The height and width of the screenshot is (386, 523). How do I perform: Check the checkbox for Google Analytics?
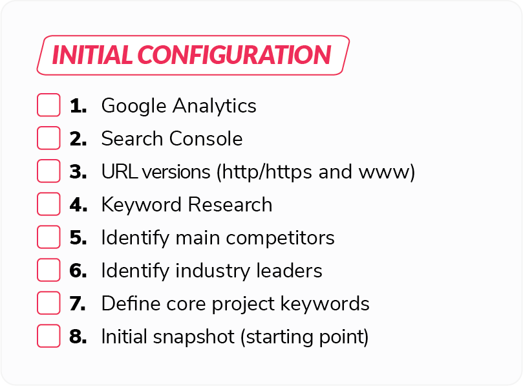coord(48,105)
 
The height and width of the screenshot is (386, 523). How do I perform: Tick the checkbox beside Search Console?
coord(48,138)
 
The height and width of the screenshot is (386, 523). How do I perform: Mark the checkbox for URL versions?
coord(48,171)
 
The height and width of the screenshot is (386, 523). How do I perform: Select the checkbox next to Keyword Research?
coord(48,204)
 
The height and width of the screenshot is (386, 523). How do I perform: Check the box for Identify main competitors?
coord(48,237)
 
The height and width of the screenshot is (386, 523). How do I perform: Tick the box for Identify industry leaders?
coord(48,270)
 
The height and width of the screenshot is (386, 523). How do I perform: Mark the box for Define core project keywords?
coord(48,303)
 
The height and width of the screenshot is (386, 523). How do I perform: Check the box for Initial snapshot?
coord(48,336)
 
